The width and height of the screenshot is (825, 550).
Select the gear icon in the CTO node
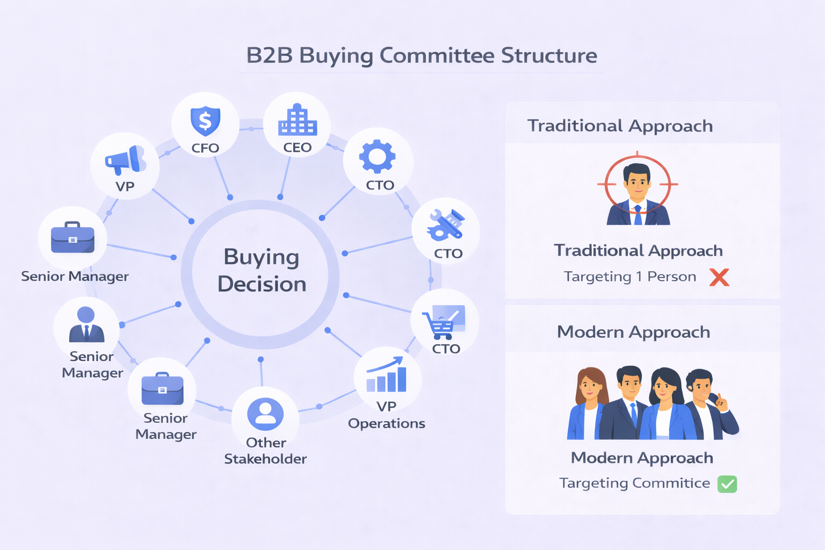pos(378,156)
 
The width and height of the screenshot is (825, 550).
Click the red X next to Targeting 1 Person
pos(719,277)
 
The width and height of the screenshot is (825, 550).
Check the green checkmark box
pos(727,484)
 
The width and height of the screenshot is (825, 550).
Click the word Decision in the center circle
pos(262,284)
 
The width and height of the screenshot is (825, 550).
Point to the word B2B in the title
pos(269,56)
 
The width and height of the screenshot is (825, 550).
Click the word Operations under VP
pos(386,424)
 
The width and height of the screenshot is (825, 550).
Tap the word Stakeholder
pos(265,459)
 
